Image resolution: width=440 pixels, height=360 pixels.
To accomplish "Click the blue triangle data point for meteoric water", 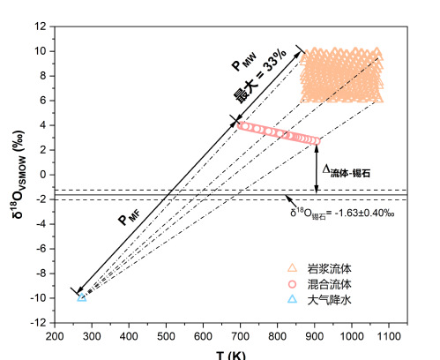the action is coord(82,297).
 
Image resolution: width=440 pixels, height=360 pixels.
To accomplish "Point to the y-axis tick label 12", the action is coord(41,26).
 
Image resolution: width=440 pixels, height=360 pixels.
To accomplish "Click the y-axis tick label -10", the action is coord(38,298).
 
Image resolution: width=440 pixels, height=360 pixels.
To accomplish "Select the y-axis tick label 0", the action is coord(43,175).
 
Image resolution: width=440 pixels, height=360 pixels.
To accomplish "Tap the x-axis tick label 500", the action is coord(166,336).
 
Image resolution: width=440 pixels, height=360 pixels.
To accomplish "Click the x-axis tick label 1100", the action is coord(389,336).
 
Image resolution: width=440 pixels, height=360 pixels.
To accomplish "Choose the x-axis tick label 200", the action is coord(55,336).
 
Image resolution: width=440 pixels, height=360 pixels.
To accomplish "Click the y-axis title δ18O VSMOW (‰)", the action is coord(19,175).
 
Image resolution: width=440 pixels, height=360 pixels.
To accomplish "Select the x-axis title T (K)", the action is coord(231,356).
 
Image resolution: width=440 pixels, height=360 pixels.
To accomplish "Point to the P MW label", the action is coord(244,62).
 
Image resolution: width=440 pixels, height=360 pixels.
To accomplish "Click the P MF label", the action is coord(130,218).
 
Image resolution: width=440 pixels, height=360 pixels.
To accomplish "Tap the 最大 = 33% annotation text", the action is coord(260,76).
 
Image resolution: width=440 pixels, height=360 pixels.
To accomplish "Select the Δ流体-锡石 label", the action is coord(347,171).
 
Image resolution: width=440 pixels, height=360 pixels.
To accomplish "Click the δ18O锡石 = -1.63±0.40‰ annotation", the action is coord(342,213).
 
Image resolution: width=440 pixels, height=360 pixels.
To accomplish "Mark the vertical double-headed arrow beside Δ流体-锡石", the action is coord(317,169).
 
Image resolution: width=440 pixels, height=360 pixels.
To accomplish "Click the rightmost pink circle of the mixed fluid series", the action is coord(317,141).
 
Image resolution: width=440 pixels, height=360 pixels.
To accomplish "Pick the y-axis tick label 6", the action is coord(43,101).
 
